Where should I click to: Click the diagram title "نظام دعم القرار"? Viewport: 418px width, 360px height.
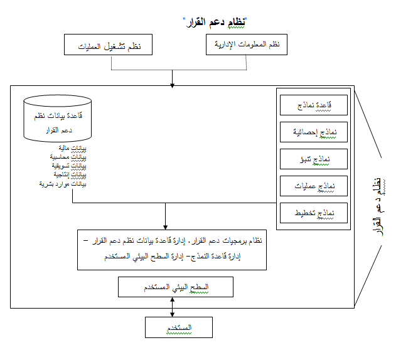(214, 23)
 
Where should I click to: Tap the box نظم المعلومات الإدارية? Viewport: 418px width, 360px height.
(247, 45)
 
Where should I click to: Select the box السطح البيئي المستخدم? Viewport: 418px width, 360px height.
(176, 287)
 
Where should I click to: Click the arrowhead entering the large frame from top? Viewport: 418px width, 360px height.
(173, 83)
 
